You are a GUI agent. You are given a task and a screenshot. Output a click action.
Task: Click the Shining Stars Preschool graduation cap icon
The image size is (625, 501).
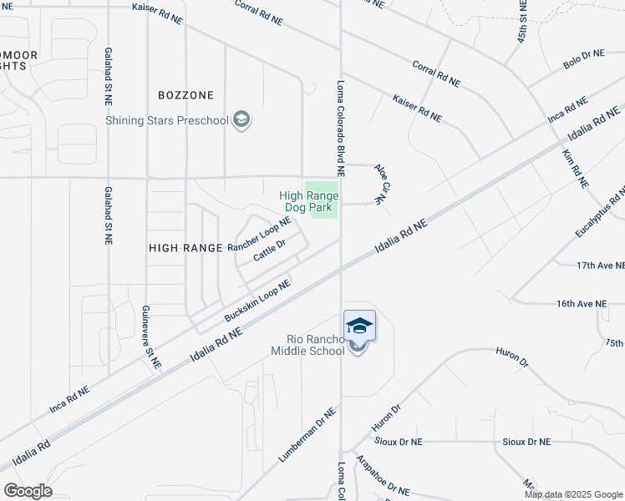click(242, 120)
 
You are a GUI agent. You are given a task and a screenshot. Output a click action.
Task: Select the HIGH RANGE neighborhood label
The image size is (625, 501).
click(185, 248)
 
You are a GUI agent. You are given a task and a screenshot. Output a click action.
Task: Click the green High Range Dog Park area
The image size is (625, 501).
click(323, 201)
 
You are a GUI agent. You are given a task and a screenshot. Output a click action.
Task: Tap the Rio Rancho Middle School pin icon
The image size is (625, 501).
click(359, 326)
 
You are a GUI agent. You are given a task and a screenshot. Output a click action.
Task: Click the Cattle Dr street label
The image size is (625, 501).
click(270, 249)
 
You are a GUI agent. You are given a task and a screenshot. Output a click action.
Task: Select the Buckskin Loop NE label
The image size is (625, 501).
click(257, 301)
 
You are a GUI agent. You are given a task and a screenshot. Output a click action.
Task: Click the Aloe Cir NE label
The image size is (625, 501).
click(381, 184)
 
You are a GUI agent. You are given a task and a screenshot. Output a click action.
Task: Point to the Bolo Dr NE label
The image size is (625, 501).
click(583, 58)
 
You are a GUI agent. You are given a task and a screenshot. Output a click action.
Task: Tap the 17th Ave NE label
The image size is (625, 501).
click(601, 266)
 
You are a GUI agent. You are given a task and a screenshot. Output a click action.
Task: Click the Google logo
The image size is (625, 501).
click(28, 491)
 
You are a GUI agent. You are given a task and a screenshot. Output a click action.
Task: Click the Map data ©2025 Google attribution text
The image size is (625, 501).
click(574, 494)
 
